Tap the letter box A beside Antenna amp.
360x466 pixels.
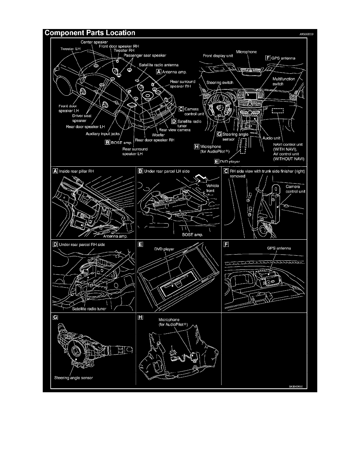pyautogui.click(x=158, y=72)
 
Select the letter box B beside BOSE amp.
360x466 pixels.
pyautogui.click(x=107, y=142)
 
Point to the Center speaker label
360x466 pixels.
pyautogui.click(x=94, y=42)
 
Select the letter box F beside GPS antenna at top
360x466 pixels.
pyautogui.click(x=268, y=57)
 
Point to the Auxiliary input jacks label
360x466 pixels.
pyautogui.click(x=102, y=133)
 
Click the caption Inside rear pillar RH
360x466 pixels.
pyautogui.click(x=76, y=171)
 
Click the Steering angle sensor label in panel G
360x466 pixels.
pyautogui.click(x=74, y=378)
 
